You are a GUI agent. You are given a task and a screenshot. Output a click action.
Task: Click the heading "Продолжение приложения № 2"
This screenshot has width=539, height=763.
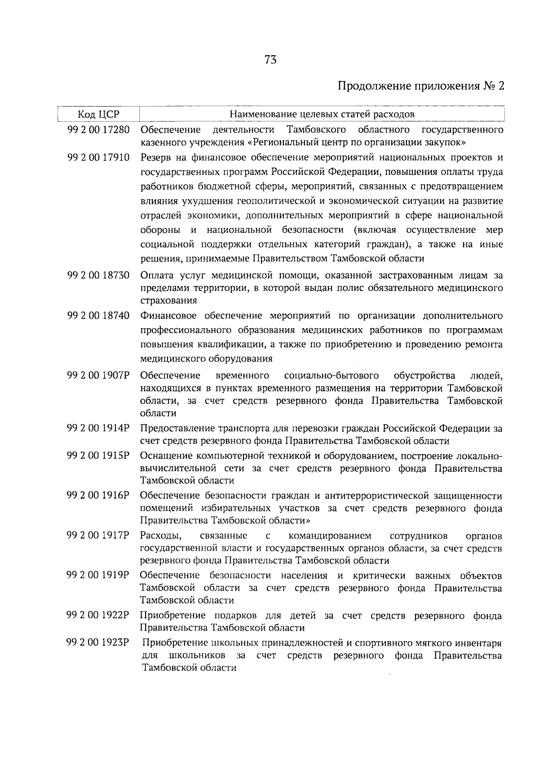coord(420,86)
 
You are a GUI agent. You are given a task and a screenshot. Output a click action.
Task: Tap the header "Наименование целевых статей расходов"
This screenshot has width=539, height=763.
coord(322,114)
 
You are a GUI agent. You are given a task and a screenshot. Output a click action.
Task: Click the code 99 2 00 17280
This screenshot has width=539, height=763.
coord(98,130)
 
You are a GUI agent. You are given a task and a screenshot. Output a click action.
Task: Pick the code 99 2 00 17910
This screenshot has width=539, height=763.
coord(98,158)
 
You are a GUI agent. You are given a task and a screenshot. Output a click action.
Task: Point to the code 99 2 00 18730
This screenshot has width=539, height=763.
coord(98,275)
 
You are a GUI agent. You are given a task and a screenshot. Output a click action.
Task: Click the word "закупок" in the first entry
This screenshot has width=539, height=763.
coord(446,143)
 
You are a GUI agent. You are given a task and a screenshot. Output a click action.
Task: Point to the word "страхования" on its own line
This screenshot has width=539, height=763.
coord(168,300)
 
